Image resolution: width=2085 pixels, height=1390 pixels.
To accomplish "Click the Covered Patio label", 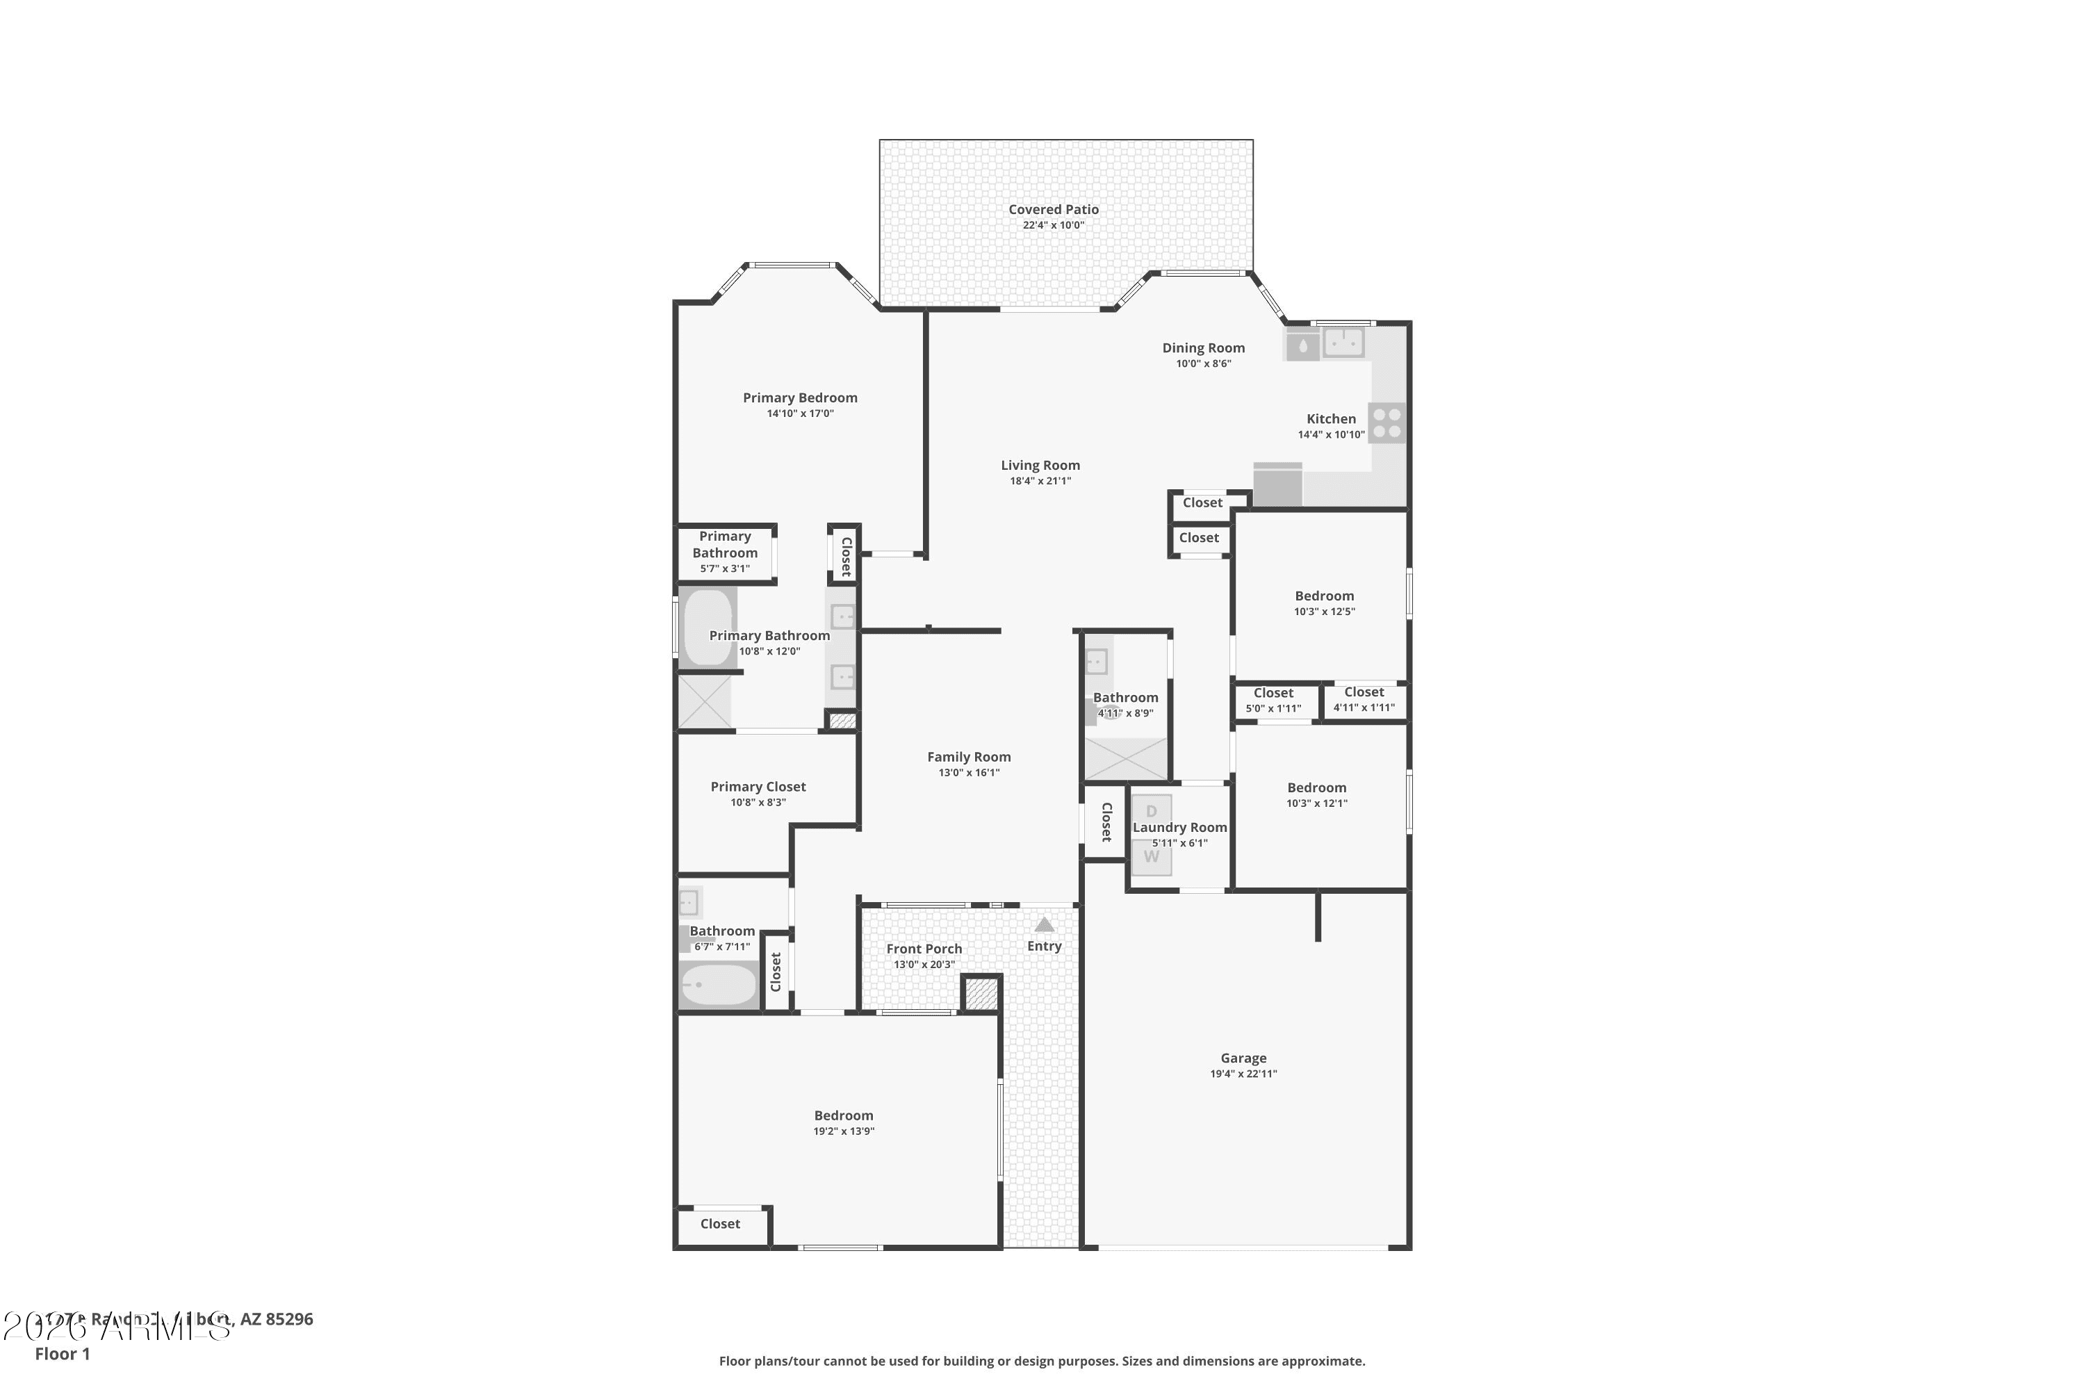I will [x=1053, y=209].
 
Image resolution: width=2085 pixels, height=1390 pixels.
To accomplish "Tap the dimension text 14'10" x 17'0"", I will [x=800, y=413].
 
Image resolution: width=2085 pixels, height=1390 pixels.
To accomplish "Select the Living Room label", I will [x=1040, y=466].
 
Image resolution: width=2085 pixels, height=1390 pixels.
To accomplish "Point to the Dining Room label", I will [x=1203, y=348].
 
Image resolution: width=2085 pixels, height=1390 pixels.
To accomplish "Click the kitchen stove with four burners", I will [x=1387, y=423].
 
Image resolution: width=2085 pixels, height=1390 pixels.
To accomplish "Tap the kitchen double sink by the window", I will [x=1344, y=342].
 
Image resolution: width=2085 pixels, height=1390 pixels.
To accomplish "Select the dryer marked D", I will [x=1152, y=811].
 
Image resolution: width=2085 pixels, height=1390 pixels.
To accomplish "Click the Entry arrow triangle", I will [x=1045, y=924].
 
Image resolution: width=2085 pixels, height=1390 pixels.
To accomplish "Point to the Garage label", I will [x=1243, y=1058].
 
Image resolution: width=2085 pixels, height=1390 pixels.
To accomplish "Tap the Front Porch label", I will [x=924, y=949].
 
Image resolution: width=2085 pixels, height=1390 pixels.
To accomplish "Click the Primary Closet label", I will [x=758, y=786].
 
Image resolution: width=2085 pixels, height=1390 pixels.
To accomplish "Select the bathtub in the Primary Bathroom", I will [x=708, y=628].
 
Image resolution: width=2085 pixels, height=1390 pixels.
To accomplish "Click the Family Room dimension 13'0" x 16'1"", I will [x=969, y=772].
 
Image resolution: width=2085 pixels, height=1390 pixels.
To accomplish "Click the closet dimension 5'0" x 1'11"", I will [x=1273, y=708].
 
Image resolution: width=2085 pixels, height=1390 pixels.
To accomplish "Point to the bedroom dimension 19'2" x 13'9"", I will [x=843, y=1131].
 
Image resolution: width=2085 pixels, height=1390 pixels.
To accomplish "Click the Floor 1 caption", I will [x=62, y=1354].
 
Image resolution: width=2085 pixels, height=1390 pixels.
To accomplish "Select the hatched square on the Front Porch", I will [x=981, y=993].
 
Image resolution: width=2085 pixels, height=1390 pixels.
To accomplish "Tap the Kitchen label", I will [x=1331, y=419].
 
